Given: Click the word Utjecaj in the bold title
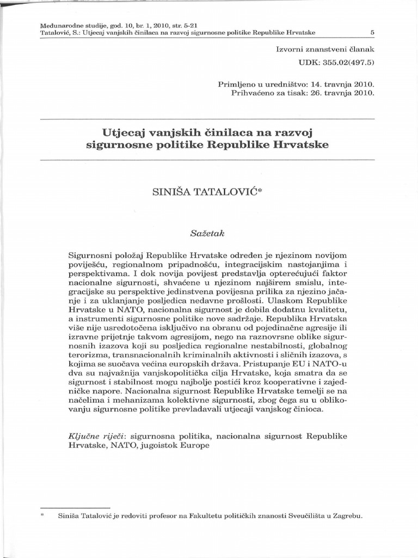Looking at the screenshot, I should point(120,132).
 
